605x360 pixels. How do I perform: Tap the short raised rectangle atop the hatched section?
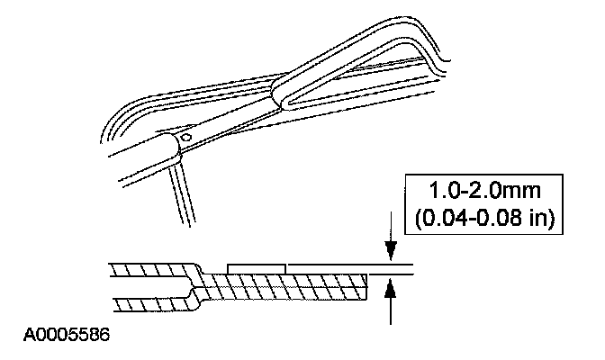(257, 267)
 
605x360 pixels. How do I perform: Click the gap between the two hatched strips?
(144, 285)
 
